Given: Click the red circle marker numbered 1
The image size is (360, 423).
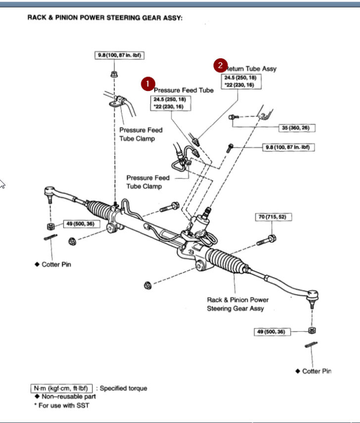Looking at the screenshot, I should click(147, 84).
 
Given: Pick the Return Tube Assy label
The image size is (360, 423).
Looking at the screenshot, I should click(252, 69).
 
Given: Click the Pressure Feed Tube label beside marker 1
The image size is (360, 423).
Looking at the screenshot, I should click(183, 90).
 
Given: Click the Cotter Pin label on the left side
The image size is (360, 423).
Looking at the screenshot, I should click(56, 264).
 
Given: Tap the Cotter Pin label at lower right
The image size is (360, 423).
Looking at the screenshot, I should click(316, 371).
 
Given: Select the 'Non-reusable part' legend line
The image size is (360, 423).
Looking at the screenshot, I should click(68, 396).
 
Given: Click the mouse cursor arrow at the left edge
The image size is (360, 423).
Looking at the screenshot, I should click(2, 184).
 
